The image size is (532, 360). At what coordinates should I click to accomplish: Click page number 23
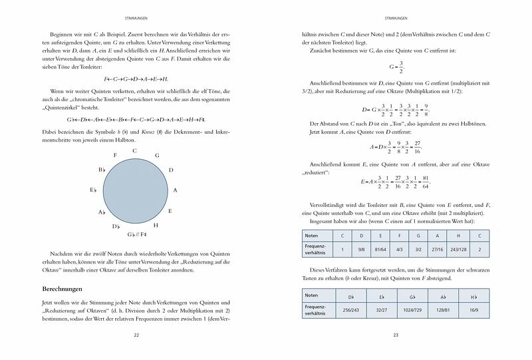[x=396, y=335]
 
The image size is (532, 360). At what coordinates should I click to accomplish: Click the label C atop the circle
[x=134, y=151]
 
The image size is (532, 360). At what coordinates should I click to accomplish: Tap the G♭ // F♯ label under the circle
[x=136, y=234]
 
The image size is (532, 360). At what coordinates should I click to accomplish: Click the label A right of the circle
[x=175, y=190]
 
